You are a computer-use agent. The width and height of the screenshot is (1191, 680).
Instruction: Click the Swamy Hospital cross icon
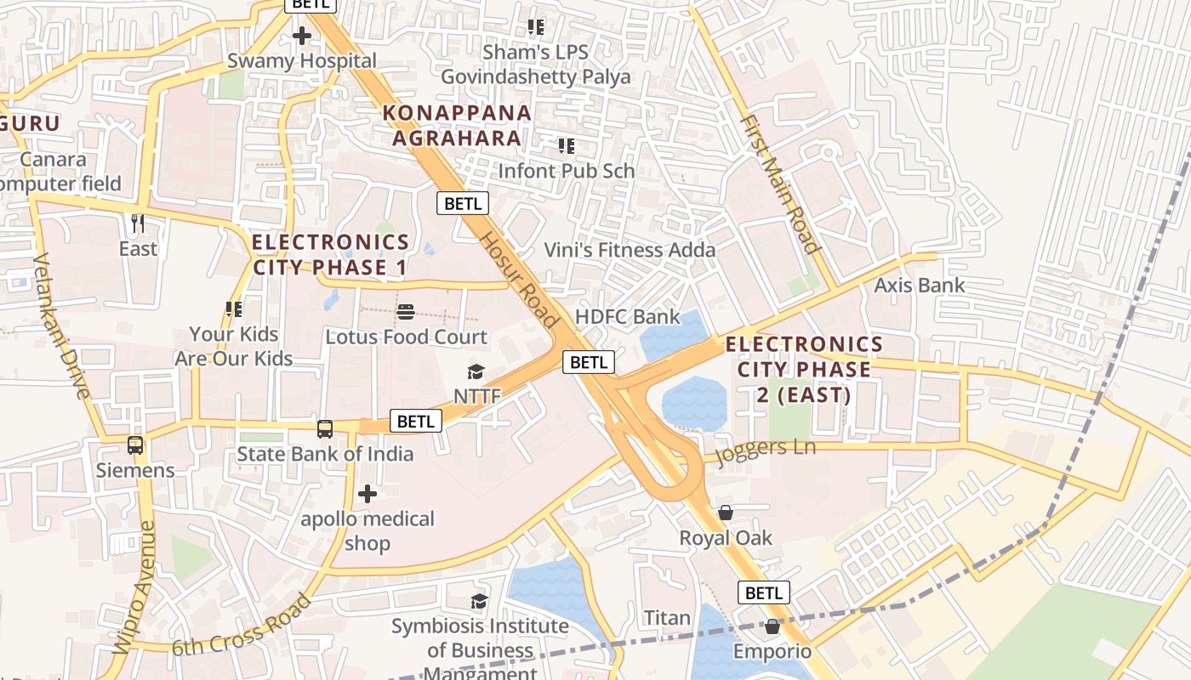[301, 36]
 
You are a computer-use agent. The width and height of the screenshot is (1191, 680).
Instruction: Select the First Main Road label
[780, 184]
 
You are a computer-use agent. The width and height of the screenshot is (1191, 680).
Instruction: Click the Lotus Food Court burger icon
[406, 311]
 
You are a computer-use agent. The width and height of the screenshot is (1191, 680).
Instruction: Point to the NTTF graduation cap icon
[476, 371]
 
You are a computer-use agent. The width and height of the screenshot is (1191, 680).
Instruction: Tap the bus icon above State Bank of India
[324, 428]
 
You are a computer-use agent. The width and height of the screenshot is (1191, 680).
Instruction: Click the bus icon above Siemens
[134, 445]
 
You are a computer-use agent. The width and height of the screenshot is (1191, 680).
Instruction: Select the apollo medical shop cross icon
[368, 493]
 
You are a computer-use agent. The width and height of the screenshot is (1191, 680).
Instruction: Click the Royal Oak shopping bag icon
[726, 513]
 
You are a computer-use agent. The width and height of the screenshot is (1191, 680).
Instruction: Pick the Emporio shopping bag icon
[772, 626]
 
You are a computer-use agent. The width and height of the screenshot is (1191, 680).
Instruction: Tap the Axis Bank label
[920, 285]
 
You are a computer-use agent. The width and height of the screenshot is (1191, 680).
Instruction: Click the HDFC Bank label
[628, 317]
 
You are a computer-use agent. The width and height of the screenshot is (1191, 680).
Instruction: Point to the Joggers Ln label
[766, 450]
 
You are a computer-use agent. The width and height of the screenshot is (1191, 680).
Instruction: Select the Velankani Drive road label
[61, 326]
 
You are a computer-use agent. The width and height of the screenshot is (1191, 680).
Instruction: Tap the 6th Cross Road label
[242, 625]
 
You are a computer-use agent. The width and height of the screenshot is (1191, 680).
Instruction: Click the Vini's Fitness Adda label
[630, 250]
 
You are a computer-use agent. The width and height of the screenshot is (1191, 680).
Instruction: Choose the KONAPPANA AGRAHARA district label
[457, 125]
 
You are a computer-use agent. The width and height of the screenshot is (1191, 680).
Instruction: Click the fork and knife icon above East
[138, 224]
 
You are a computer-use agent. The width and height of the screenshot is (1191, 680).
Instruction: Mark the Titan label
[667, 618]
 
